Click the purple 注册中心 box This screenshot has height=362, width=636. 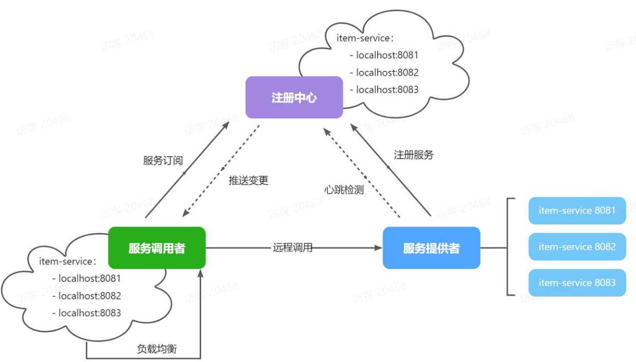click(x=294, y=98)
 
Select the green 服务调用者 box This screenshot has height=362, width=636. click(x=157, y=248)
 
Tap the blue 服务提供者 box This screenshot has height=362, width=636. click(x=431, y=248)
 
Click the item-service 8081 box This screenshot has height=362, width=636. click(x=577, y=211)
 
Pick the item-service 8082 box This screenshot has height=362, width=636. click(x=577, y=246)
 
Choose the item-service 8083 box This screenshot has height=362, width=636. click(x=577, y=283)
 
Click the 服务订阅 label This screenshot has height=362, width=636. click(x=163, y=161)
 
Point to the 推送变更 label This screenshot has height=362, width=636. click(x=248, y=181)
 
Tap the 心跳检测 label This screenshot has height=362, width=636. click(x=344, y=190)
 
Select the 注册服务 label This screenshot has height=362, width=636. click(x=414, y=155)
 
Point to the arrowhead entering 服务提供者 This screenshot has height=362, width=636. click(x=379, y=248)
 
